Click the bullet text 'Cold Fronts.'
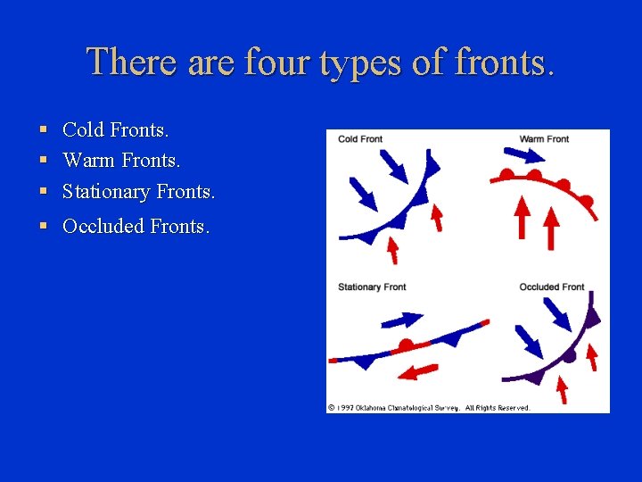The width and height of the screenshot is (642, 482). (x=115, y=130)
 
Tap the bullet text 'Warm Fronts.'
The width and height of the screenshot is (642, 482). (x=121, y=161)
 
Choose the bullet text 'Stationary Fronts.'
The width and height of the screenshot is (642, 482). (x=138, y=191)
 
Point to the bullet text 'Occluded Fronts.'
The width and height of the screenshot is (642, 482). (x=136, y=227)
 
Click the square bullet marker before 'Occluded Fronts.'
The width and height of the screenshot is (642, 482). (x=44, y=227)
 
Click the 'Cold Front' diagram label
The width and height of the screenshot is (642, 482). (x=360, y=139)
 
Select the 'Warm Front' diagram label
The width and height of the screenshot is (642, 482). (x=544, y=139)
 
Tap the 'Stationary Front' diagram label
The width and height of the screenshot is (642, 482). (x=372, y=287)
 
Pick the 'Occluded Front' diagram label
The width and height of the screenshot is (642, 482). (x=552, y=287)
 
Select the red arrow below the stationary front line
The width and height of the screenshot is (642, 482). (x=417, y=370)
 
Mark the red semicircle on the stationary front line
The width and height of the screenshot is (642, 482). (x=407, y=344)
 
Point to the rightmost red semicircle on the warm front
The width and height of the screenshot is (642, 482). (x=588, y=199)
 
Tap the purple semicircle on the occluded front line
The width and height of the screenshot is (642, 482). (x=570, y=355)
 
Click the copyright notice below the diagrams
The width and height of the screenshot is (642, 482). (x=428, y=408)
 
